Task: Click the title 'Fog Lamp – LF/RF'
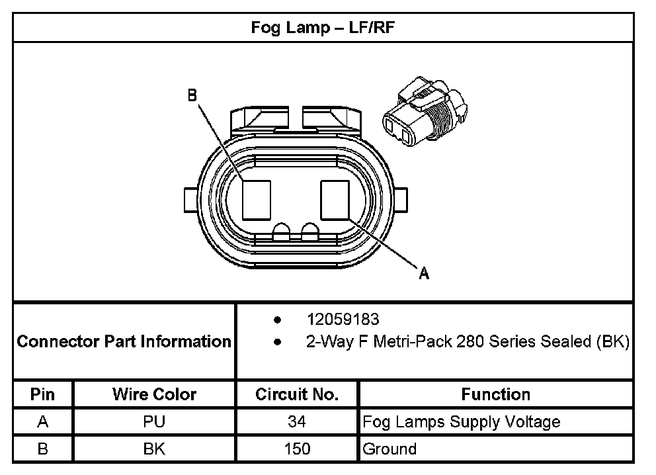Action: pyautogui.click(x=323, y=28)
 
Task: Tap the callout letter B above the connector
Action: pyautogui.click(x=192, y=96)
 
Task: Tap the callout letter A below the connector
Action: pyautogui.click(x=424, y=273)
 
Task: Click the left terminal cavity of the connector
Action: pyautogui.click(x=256, y=199)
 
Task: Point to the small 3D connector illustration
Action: pyautogui.click(x=423, y=112)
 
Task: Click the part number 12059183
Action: pyautogui.click(x=343, y=320)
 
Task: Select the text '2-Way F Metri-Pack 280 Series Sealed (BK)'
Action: pyautogui.click(x=467, y=342)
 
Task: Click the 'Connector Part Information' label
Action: pyautogui.click(x=124, y=341)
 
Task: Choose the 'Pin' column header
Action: pyautogui.click(x=42, y=394)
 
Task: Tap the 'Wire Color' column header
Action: pyautogui.click(x=154, y=394)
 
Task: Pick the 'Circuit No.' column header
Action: pyautogui.click(x=297, y=394)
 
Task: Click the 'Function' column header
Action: pyautogui.click(x=495, y=394)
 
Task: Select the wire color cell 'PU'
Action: pyautogui.click(x=154, y=421)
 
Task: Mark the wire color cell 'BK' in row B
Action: pyautogui.click(x=154, y=449)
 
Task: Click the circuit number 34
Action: pyautogui.click(x=297, y=421)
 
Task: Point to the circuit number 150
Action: pyautogui.click(x=297, y=449)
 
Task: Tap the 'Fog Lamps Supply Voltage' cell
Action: pyautogui.click(x=461, y=421)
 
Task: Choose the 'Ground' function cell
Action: pyautogui.click(x=389, y=449)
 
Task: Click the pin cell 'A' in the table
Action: pyautogui.click(x=42, y=421)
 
